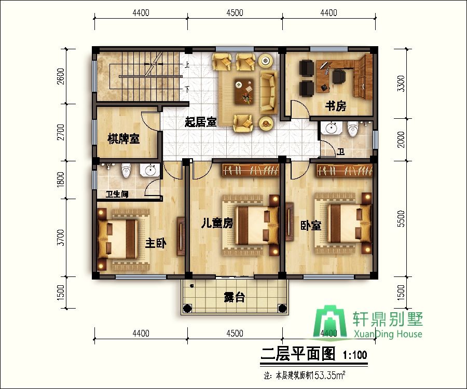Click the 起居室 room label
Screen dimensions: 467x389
(x=200, y=122)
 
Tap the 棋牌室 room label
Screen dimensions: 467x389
(x=123, y=139)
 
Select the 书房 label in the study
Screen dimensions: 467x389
(x=336, y=106)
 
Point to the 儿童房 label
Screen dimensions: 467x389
(x=217, y=223)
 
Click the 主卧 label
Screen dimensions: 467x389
(x=156, y=244)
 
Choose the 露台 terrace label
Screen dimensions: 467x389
(x=235, y=297)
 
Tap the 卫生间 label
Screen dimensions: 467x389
(x=117, y=195)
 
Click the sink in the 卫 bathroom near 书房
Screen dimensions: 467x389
(x=331, y=128)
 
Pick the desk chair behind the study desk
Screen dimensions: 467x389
(x=339, y=76)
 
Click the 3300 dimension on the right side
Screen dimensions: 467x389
(x=401, y=84)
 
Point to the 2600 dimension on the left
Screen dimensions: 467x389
(x=61, y=76)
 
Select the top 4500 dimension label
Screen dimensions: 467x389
(x=235, y=13)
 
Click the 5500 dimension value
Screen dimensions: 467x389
(x=401, y=219)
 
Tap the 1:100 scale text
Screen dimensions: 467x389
(x=355, y=355)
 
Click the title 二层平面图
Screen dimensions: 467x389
(x=298, y=354)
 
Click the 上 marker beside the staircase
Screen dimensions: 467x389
(x=187, y=65)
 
